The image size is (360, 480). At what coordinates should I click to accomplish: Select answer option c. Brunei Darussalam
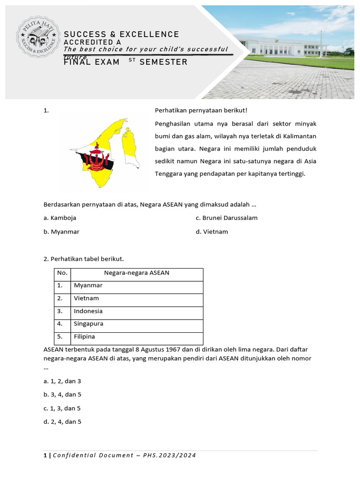coord(226,218)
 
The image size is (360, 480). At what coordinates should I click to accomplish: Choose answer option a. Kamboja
coord(60,218)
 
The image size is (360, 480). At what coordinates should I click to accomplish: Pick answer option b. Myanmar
coord(61,232)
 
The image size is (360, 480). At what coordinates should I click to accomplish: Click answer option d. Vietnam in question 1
coord(212,232)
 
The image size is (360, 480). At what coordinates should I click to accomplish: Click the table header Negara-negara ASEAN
coord(136,273)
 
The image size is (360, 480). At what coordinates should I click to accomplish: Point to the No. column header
coord(62,273)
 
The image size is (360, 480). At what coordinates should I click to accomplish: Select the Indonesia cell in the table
coord(88,311)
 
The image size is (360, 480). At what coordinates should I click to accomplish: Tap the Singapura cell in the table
coord(89,324)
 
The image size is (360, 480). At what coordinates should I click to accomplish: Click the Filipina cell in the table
coord(84,337)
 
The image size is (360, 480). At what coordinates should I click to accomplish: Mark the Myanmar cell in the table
coord(88,285)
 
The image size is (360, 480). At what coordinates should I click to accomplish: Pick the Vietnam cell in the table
coord(86,298)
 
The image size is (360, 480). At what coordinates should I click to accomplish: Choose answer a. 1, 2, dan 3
coord(62,381)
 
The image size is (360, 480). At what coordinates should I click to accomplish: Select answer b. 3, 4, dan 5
coord(62,395)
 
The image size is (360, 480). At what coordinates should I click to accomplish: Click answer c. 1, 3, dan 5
coord(62,408)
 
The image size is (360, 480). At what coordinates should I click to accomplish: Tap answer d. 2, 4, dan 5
coord(62,422)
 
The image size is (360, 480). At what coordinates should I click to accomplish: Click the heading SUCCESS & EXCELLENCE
coord(121,34)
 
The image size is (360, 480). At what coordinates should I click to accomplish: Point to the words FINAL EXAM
coord(92,62)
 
